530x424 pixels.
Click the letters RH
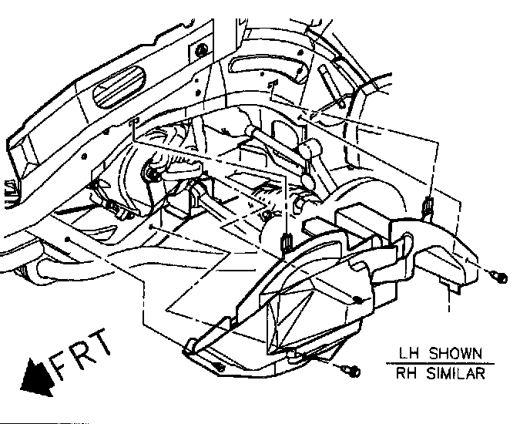click(406, 375)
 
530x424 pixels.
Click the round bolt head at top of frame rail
click(202, 51)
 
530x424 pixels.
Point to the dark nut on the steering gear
click(152, 174)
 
